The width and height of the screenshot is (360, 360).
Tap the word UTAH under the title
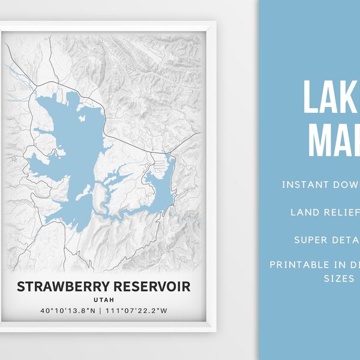pyautogui.click(x=104, y=299)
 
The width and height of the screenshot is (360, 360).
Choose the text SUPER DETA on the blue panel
pyautogui.click(x=327, y=240)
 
